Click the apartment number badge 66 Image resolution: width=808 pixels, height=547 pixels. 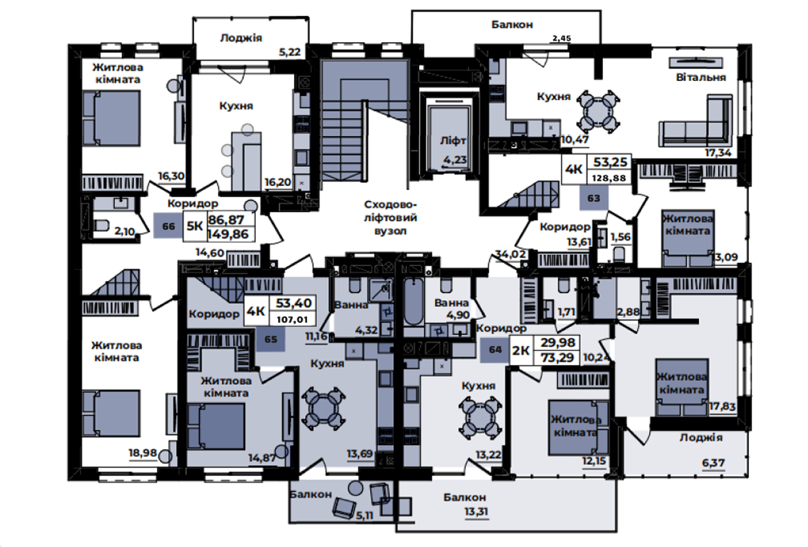[x=168, y=226]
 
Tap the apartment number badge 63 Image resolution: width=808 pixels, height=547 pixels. [x=594, y=198]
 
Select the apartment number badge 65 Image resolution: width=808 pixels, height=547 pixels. [x=270, y=339]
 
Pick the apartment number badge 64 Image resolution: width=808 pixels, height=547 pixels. [x=495, y=349]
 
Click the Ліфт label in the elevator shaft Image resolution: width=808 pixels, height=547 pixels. [x=453, y=141]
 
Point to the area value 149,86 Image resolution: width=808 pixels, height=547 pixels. [x=228, y=235]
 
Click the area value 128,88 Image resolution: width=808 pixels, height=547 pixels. [x=610, y=178]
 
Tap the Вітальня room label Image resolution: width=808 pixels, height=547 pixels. [x=701, y=77]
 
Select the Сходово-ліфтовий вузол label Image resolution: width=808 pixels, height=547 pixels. [x=390, y=218]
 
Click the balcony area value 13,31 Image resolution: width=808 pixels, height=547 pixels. [x=476, y=511]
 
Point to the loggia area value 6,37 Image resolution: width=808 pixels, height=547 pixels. [x=713, y=463]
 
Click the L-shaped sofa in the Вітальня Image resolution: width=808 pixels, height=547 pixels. [x=696, y=121]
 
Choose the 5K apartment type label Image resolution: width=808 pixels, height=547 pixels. [x=195, y=226]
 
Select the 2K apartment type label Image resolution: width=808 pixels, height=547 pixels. [x=521, y=350]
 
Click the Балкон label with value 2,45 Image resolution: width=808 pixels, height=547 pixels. [x=512, y=24]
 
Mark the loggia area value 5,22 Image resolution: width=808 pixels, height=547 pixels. [x=290, y=52]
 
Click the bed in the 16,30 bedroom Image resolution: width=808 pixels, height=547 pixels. [x=111, y=118]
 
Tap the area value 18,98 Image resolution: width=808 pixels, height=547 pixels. [x=143, y=452]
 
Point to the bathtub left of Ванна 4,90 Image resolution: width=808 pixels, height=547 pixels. [x=413, y=302]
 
